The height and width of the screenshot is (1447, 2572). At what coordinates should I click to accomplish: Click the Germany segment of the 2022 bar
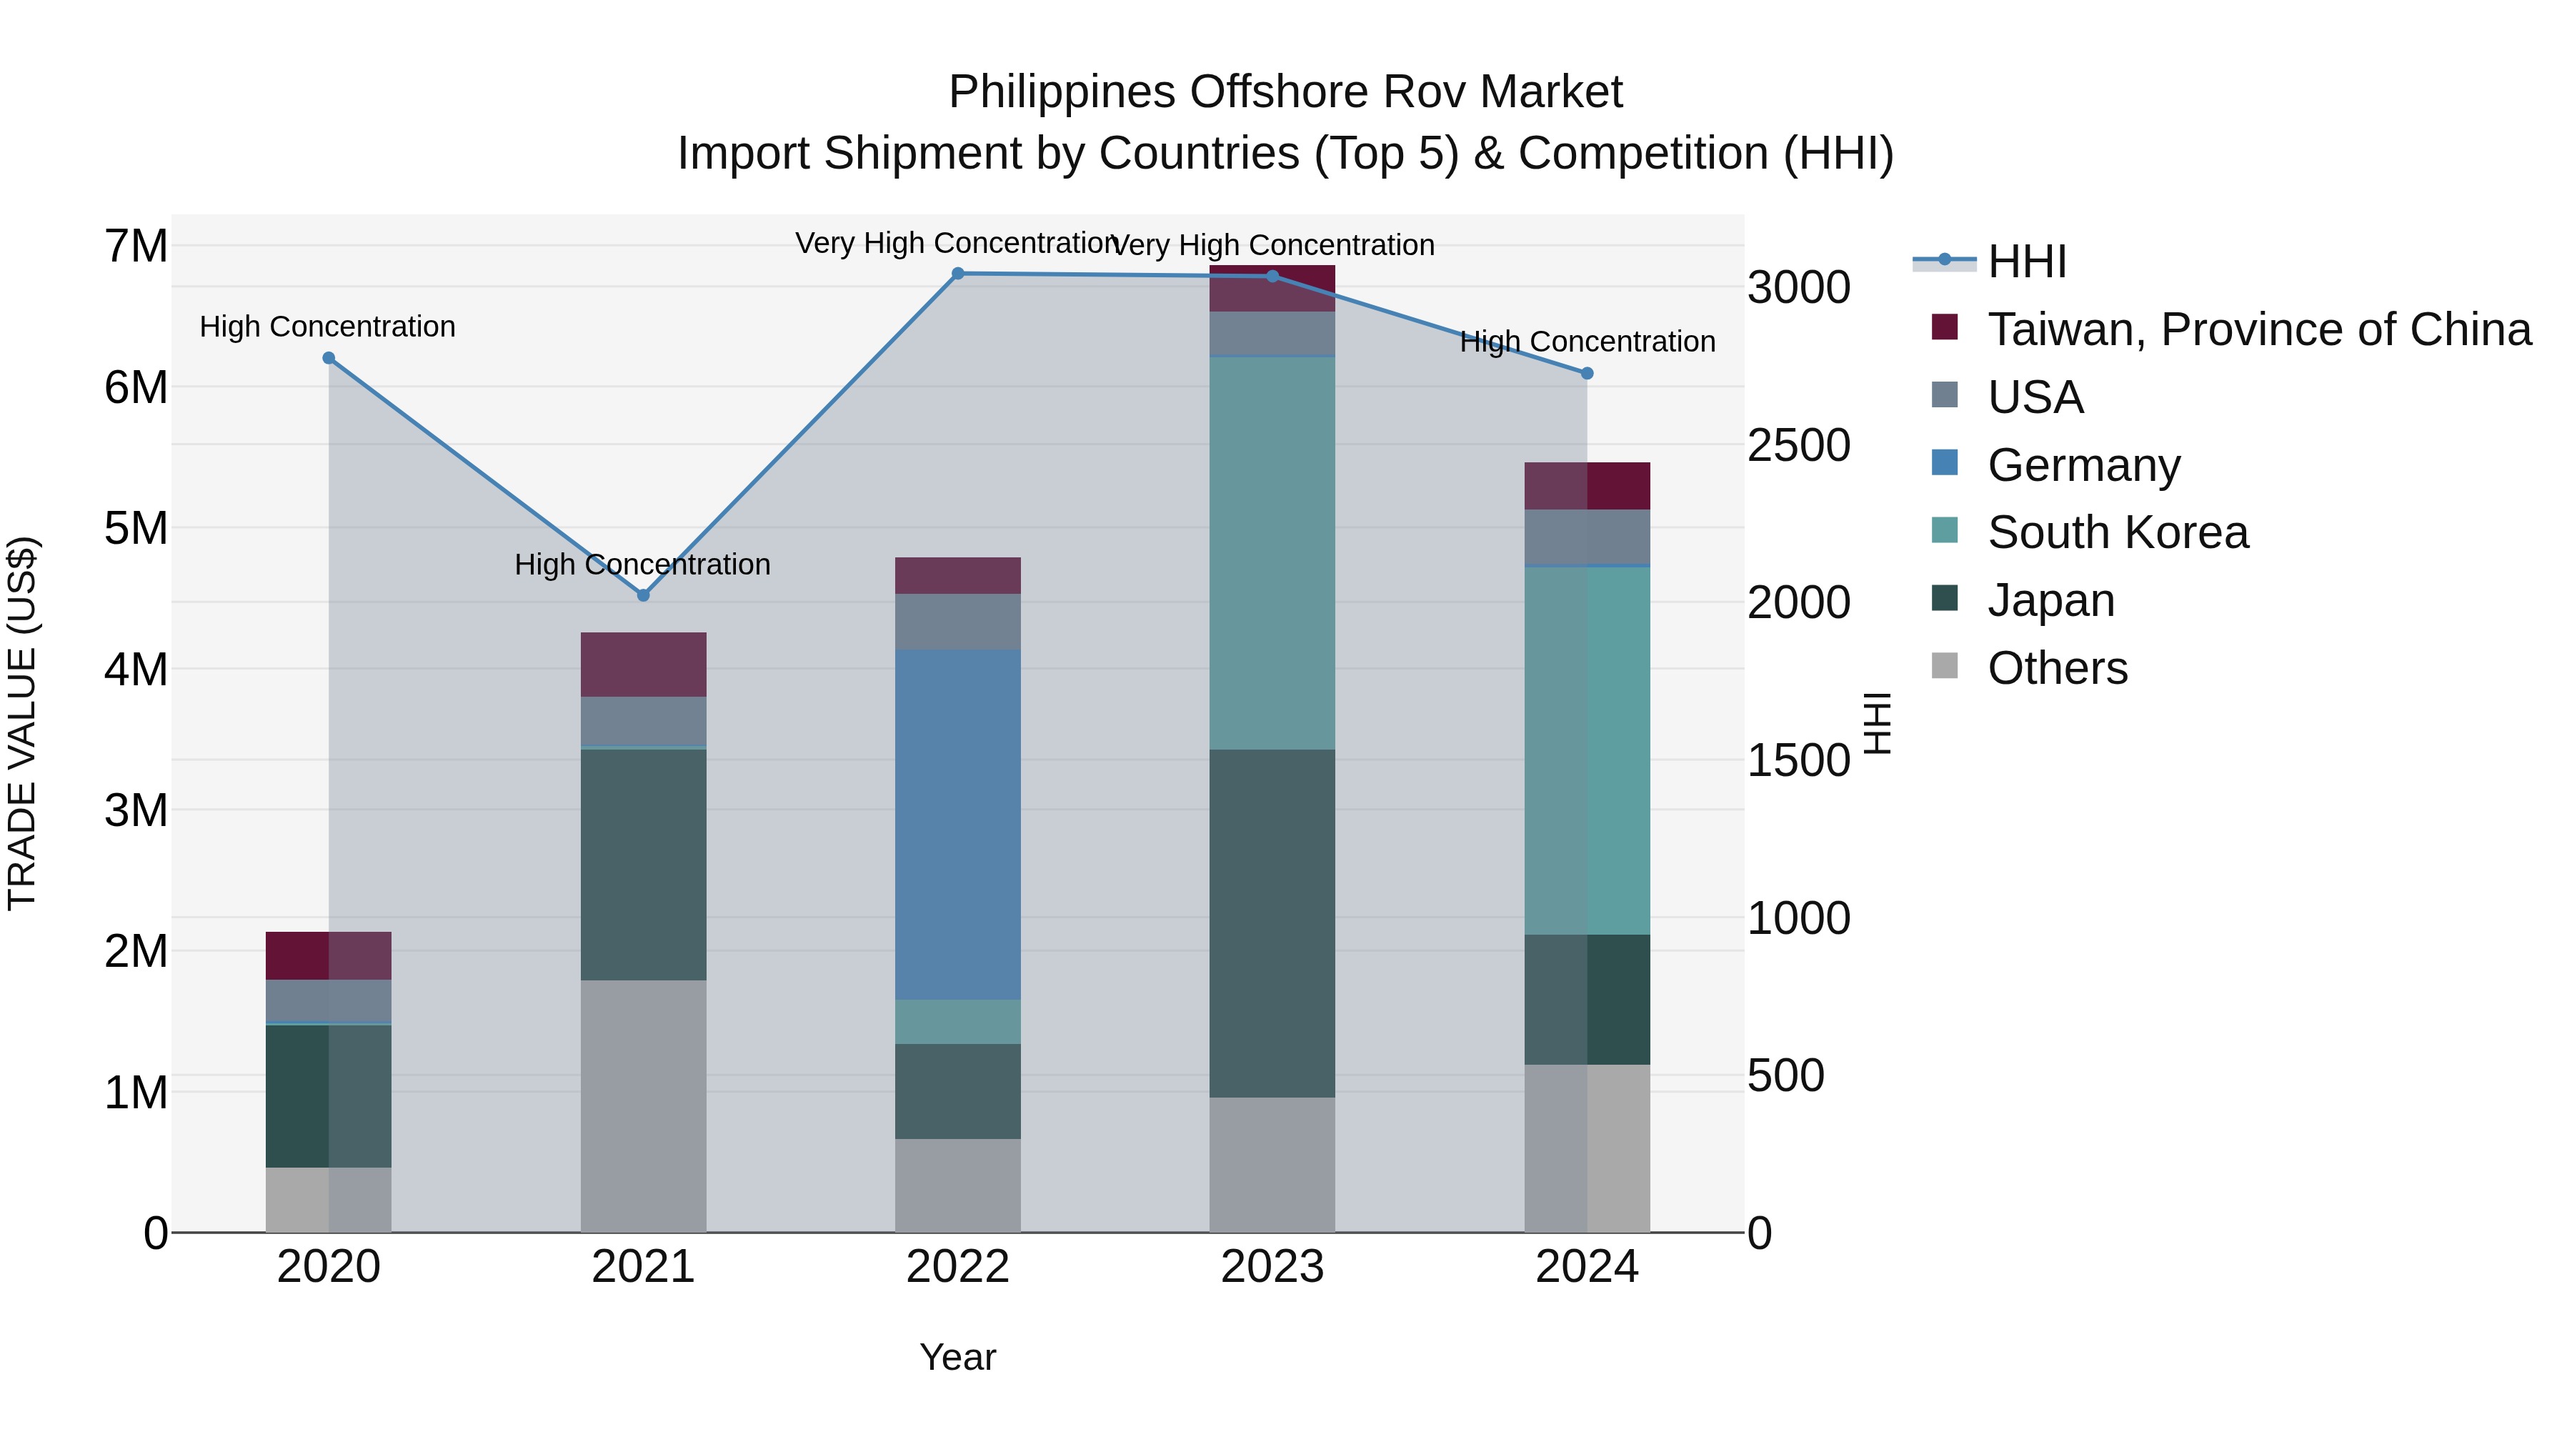pos(957,824)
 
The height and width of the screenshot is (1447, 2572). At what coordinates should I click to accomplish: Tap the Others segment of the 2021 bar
pos(643,1105)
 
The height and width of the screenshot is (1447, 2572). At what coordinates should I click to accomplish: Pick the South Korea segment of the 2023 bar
pos(1271,552)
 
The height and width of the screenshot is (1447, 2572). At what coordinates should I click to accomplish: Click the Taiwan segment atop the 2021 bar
pos(643,664)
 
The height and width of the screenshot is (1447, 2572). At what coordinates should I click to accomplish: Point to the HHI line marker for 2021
pos(643,595)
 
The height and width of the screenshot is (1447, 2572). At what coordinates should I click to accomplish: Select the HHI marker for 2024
pos(1587,374)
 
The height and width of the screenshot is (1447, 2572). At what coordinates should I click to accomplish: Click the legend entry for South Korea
pos(2117,532)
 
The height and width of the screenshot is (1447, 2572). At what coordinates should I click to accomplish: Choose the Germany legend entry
pos(2083,465)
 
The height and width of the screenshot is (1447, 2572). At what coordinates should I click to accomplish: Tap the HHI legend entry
pos(2026,262)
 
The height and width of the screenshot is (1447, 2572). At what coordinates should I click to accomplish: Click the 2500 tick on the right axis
pos(1798,445)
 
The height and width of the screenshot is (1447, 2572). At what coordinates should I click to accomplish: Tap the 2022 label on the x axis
pos(957,1267)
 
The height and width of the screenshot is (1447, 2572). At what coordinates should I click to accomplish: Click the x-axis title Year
pos(957,1357)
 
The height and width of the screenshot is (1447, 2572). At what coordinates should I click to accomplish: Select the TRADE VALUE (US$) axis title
pos(22,723)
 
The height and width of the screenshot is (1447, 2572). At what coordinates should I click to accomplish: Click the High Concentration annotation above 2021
pos(642,565)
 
